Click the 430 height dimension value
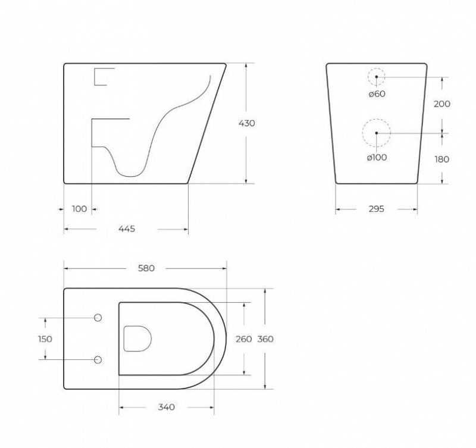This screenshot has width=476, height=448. coord(246,123)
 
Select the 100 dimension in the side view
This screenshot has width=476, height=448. coord(79,209)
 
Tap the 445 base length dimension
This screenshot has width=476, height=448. coord(127,229)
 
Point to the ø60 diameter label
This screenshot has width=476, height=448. coord(377,94)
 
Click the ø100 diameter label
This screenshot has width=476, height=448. coord(377,157)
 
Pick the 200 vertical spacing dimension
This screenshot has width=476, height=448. coord(441,104)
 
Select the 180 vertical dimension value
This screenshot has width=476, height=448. coord(441,159)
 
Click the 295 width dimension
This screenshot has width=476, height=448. coord(376,209)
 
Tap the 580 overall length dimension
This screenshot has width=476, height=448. coord(146,268)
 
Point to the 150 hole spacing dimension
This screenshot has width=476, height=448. coord(45,339)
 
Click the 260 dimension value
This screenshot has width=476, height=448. coord(245,339)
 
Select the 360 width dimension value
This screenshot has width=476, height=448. coord(265,339)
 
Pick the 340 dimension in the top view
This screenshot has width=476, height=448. coord(167,407)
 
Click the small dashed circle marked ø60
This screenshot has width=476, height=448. coord(377,77)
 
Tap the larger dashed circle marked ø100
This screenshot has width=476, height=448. coord(377,132)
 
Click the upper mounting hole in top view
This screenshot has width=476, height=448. coord(98,317)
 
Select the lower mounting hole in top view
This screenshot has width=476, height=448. coord(98,360)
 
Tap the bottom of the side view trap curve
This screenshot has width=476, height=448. coord(130,174)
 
